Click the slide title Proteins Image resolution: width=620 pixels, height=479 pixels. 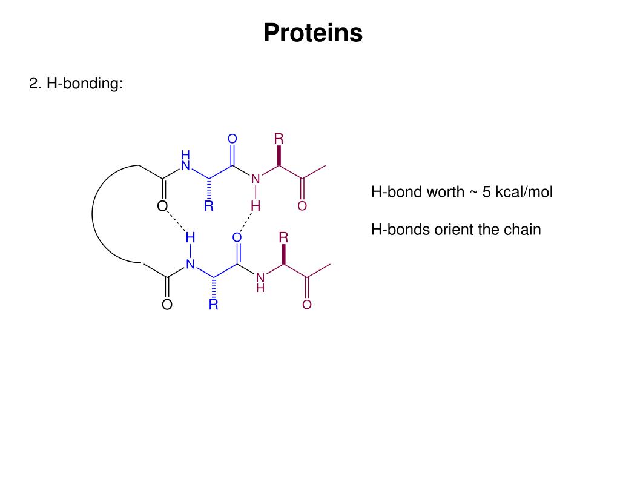313,33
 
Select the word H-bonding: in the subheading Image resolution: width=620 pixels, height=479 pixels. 85,84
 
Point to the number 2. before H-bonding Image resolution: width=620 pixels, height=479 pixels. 35,84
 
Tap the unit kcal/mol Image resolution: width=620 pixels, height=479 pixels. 524,193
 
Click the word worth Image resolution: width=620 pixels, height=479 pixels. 445,193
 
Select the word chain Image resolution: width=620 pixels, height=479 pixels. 523,230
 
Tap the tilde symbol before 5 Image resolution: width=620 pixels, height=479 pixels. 473,193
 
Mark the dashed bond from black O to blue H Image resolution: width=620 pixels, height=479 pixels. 177,222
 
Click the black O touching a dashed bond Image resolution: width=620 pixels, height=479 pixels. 162,206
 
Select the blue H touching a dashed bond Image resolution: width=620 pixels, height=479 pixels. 190,237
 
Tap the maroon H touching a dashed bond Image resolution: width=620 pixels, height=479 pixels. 256,206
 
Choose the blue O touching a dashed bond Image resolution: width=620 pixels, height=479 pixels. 237,237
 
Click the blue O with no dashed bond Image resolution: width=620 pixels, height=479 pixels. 232,139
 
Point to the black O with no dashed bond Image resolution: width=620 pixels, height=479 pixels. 167,305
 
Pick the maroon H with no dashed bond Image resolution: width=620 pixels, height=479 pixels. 260,289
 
